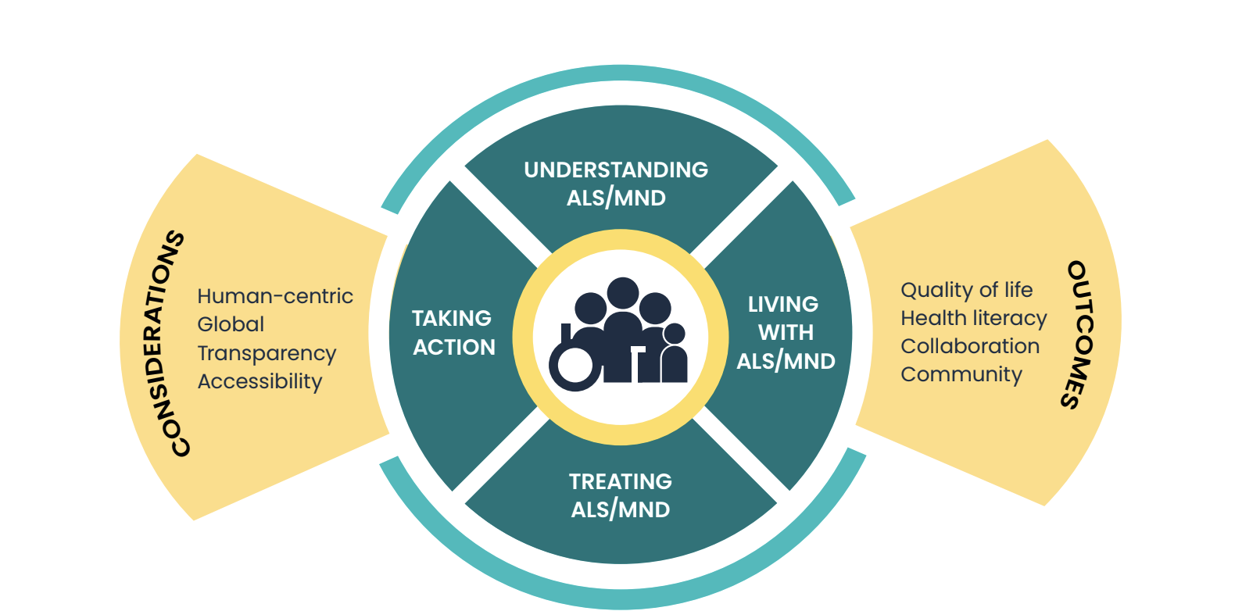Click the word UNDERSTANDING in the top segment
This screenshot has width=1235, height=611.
coord(616,170)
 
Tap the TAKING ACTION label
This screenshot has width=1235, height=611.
coord(453,332)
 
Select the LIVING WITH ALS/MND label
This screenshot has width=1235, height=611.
coord(786,332)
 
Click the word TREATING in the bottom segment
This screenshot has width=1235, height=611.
coord(620,481)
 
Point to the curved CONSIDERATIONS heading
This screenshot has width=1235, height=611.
coord(177,344)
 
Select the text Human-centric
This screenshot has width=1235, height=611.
coord(274,296)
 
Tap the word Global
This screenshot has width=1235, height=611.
coord(231,324)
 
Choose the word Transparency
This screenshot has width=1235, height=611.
coord(267,353)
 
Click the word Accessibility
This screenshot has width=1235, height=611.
coord(260,381)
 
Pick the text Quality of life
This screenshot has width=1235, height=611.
coord(966,290)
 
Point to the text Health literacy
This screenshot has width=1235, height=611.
coord(973,318)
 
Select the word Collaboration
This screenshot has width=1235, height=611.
coord(970,346)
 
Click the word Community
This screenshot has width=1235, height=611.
coord(961,374)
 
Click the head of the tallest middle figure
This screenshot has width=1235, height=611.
coord(623,294)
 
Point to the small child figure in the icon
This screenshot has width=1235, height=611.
coord(673,356)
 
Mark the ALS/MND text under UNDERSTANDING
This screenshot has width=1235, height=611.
coord(616,198)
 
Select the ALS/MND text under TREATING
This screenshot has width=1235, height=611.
coord(620,509)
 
